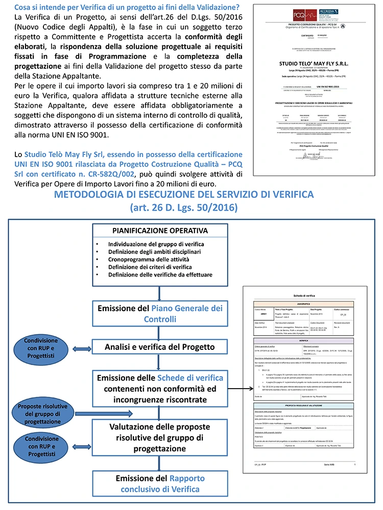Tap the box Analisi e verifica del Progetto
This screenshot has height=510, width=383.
[x=160, y=347]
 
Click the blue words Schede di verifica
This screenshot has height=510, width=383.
[x=190, y=378]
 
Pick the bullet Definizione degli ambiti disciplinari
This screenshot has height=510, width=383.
[x=155, y=251]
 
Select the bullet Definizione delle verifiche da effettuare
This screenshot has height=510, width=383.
[x=160, y=274]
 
